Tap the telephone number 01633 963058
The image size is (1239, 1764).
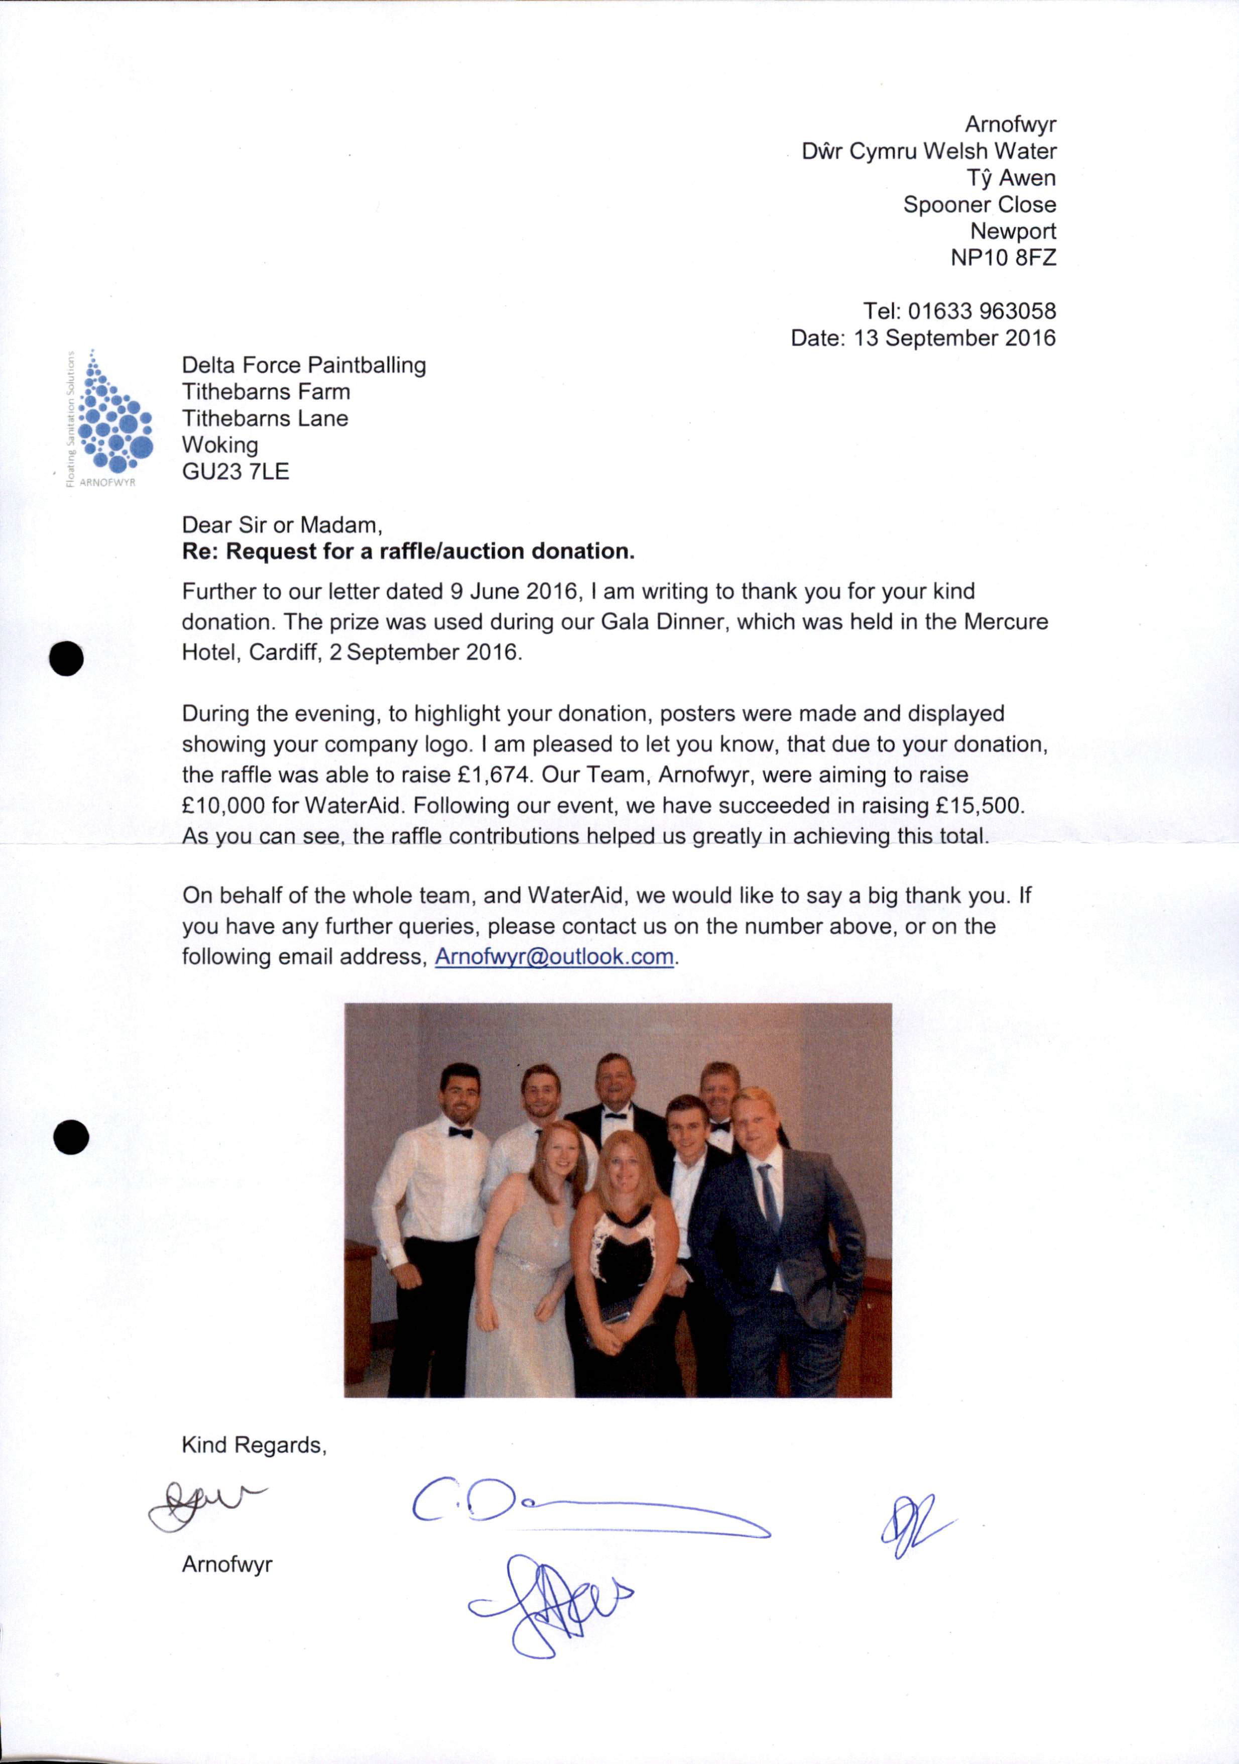coord(981,311)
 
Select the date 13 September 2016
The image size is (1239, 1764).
coord(955,338)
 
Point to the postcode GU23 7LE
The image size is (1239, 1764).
coord(235,472)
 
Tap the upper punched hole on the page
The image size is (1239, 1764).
coord(67,658)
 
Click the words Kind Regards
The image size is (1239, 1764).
coord(254,1445)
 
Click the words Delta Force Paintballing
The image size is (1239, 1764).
coord(303,365)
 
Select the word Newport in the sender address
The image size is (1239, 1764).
coord(1013,231)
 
